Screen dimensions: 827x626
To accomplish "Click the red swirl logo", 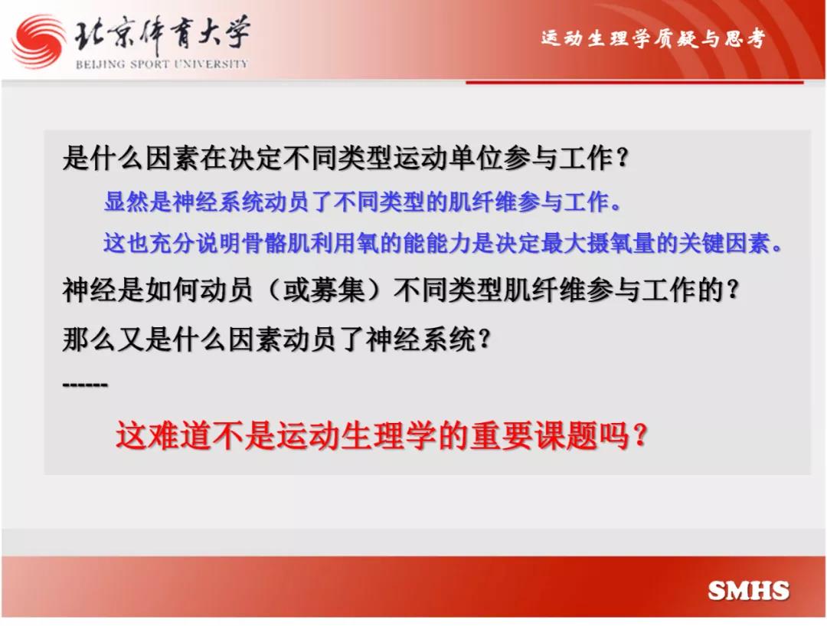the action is [39, 41].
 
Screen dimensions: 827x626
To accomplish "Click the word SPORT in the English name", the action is [150, 64].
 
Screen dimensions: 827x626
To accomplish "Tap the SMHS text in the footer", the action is [748, 590].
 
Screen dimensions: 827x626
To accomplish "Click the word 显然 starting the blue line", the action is [126, 201].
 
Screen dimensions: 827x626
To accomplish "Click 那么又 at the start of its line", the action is [103, 339].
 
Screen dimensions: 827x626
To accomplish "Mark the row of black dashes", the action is [85, 384].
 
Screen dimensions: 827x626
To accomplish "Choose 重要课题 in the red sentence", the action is [534, 436].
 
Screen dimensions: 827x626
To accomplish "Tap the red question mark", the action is [639, 436].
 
